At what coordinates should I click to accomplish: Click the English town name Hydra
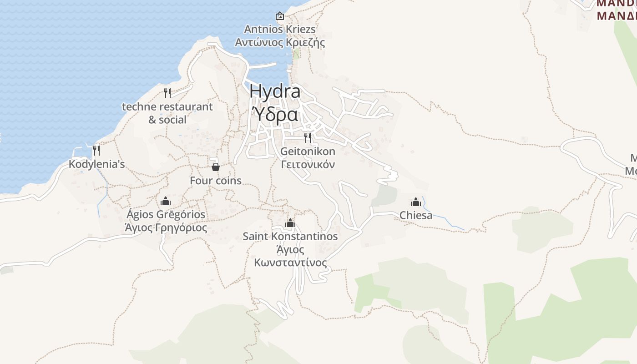[275, 91]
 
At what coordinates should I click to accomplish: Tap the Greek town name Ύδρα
[275, 114]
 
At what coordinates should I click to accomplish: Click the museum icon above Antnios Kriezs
[280, 16]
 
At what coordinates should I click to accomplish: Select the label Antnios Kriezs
[280, 30]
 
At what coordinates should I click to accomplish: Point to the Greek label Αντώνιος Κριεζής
[280, 43]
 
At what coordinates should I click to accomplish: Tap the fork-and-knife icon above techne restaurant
[167, 93]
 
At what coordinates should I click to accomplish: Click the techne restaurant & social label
[167, 113]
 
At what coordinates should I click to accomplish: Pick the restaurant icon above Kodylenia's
[96, 150]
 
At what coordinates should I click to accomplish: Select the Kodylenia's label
[96, 164]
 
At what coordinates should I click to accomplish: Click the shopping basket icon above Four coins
[216, 167]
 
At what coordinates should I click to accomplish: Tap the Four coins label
[216, 181]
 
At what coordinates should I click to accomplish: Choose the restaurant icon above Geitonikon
[308, 137]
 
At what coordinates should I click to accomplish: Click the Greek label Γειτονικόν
[308, 164]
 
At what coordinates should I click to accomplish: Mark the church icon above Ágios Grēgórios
[166, 201]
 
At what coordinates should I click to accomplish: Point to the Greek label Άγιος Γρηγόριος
[166, 227]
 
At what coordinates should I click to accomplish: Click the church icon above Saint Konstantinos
[290, 223]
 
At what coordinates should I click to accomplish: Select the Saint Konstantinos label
[290, 237]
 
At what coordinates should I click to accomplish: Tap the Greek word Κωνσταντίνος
[290, 263]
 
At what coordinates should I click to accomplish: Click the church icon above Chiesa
[416, 202]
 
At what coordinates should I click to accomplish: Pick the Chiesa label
[416, 215]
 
